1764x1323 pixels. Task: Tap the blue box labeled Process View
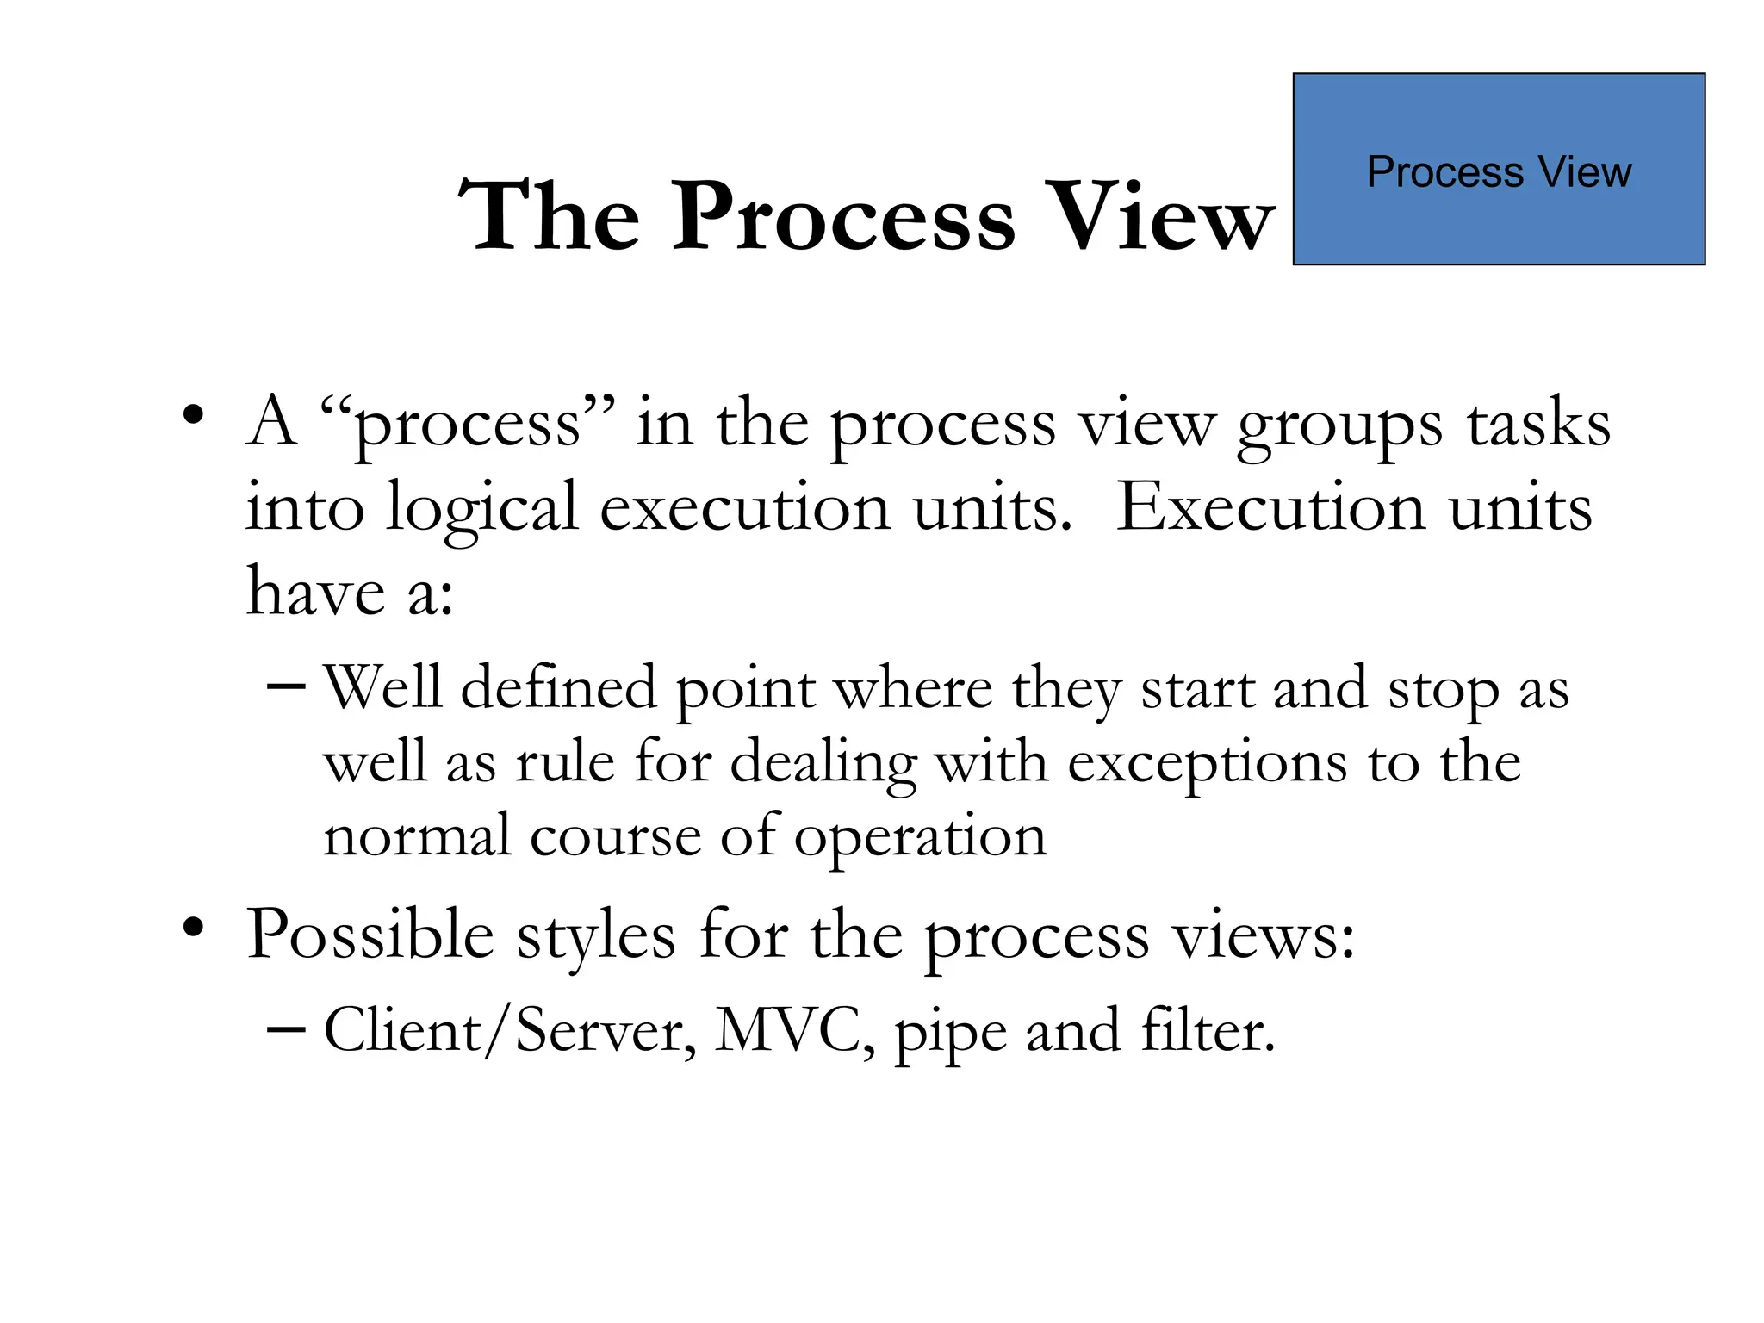click(1499, 169)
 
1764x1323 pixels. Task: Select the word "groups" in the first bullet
click(1339, 426)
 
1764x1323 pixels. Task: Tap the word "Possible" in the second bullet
click(370, 935)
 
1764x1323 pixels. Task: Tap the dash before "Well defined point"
click(285, 686)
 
